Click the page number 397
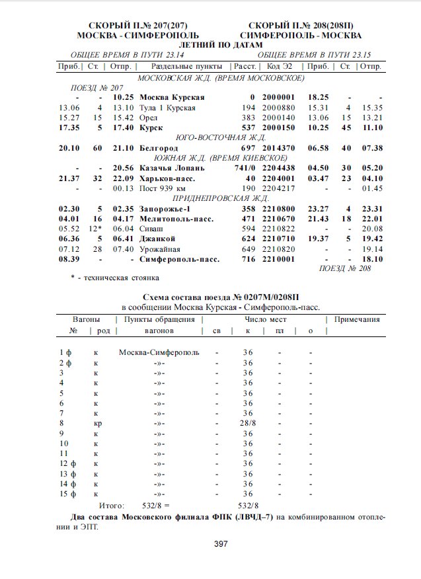[x=220, y=544]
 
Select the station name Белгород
[x=159, y=147]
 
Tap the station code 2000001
[x=278, y=97]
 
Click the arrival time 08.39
[x=69, y=260]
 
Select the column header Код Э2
[x=278, y=67]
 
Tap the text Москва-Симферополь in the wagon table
[x=159, y=352]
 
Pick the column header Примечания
[x=357, y=319]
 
